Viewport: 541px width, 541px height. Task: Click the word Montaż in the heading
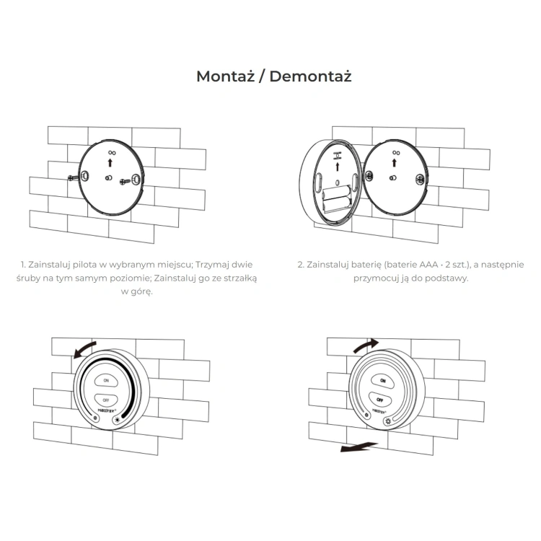[x=226, y=76]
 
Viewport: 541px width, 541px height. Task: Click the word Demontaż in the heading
[x=310, y=76]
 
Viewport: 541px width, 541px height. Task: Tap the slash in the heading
[x=263, y=76]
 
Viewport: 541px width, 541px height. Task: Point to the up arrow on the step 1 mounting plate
[x=110, y=162]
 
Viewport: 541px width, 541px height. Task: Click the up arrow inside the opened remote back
[x=338, y=167]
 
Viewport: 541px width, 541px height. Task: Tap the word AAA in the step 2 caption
[x=428, y=265]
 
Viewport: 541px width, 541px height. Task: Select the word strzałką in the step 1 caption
[x=240, y=278]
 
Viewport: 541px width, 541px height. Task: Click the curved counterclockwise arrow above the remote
[x=84, y=349]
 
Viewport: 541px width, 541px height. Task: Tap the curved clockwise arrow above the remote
[x=366, y=345]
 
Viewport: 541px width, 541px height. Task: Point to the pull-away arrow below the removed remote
[x=359, y=447]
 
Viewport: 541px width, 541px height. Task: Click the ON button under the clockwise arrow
[x=382, y=381]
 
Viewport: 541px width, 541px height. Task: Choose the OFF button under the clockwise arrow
[x=380, y=400]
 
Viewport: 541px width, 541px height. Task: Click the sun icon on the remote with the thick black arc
[x=118, y=420]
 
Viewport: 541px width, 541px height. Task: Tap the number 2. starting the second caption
[x=301, y=265]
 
